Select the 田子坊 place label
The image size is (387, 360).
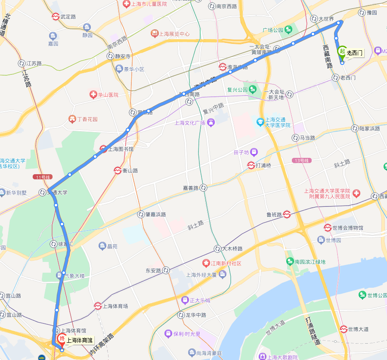[241, 152]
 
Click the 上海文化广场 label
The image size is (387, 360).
[189, 123]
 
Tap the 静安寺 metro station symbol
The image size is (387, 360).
[110, 56]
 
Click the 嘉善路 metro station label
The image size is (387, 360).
[190, 188]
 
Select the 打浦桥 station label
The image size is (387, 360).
[263, 165]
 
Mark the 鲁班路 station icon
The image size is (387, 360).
[286, 214]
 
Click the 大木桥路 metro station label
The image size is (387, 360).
[232, 249]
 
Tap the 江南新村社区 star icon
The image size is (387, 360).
[206, 263]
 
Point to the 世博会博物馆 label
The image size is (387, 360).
[348, 228]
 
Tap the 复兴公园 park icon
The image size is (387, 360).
[253, 90]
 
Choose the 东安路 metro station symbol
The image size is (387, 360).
[166, 271]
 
